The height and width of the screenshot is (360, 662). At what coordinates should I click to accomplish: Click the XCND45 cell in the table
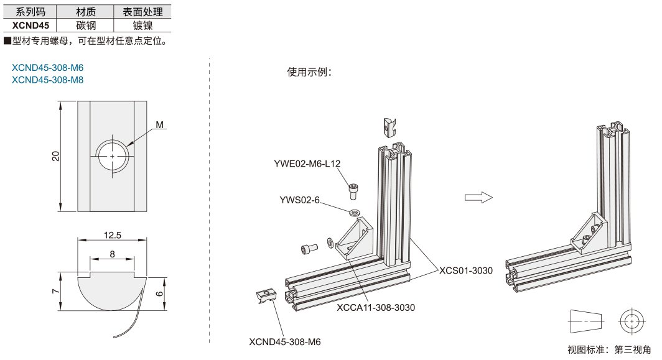(30, 25)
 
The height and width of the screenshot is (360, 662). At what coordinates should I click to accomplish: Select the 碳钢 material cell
(85, 25)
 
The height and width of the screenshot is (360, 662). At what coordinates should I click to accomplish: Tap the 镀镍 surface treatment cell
(142, 25)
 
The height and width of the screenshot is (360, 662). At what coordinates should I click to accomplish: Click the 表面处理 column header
(142, 12)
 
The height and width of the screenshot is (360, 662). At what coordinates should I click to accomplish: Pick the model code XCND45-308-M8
(47, 80)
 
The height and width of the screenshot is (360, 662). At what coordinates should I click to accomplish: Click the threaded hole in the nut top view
(113, 155)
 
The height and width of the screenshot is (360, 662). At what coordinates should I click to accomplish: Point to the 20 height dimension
(55, 156)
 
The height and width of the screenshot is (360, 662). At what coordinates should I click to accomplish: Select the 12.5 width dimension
(113, 235)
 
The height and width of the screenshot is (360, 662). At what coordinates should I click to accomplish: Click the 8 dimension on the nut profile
(112, 253)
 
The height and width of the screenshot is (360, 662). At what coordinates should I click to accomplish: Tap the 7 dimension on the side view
(55, 291)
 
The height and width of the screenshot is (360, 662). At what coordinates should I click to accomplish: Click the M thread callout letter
(160, 125)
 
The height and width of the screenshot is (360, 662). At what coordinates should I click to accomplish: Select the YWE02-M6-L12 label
(307, 164)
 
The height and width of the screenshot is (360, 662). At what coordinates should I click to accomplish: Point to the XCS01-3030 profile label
(465, 270)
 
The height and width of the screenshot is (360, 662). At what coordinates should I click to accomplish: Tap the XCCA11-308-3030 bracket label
(375, 307)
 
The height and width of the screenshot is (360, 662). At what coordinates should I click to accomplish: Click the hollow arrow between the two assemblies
(478, 197)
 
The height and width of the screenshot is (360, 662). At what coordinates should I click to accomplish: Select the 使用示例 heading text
(309, 72)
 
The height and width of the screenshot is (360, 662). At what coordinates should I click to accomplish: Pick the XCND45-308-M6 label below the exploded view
(285, 341)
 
